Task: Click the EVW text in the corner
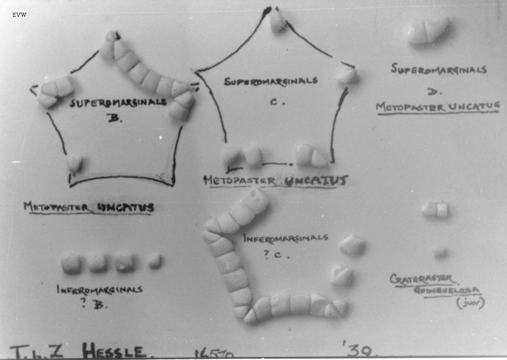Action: (19, 15)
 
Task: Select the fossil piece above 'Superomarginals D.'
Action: (428, 30)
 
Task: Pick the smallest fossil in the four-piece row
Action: (155, 261)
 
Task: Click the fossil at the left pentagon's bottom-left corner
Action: (75, 164)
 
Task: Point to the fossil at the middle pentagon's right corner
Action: (346, 75)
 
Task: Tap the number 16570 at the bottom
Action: (214, 353)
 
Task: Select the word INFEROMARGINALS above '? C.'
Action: (285, 238)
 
